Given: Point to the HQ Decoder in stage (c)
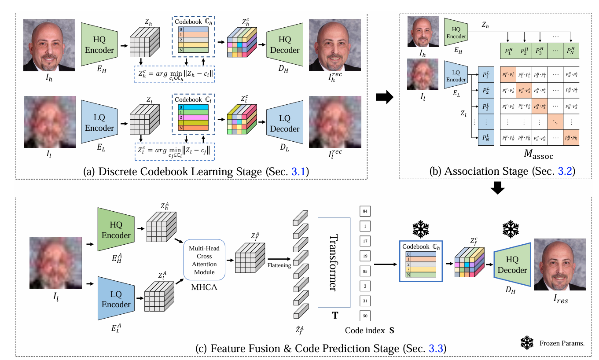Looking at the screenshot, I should [x=512, y=264].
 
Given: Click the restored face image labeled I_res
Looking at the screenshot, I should [x=559, y=264].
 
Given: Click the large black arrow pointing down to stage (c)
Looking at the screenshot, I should [x=497, y=187].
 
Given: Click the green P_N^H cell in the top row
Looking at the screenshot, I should [x=571, y=51].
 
